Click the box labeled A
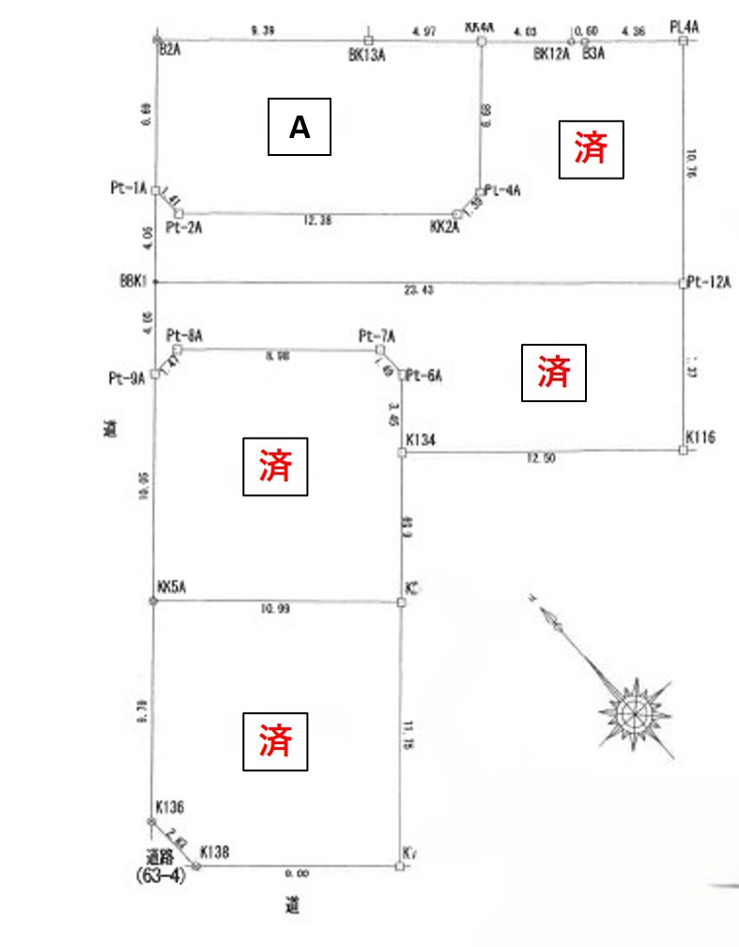(x=300, y=127)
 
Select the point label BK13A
(x=367, y=55)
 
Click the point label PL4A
(x=685, y=27)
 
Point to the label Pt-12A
(x=709, y=282)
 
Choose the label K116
(x=701, y=437)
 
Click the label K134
(x=422, y=440)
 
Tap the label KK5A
(x=174, y=586)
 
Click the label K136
(x=169, y=807)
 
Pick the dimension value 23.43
(x=420, y=290)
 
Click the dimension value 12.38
(x=318, y=221)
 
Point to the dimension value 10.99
(x=277, y=610)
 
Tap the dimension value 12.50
(x=543, y=459)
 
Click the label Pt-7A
(x=377, y=335)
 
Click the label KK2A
(x=444, y=227)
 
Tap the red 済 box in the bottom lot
(x=275, y=740)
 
